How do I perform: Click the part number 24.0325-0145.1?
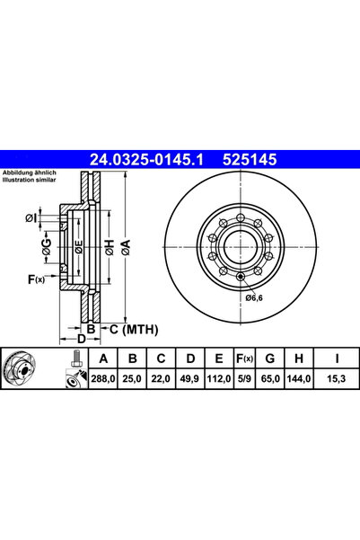tap(146, 159)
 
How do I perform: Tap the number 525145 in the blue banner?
tap(250, 159)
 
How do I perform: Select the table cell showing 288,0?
tap(103, 379)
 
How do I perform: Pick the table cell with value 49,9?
tap(189, 379)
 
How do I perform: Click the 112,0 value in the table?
tap(219, 379)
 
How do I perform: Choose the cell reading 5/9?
tap(244, 379)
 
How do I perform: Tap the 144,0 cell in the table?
tap(299, 379)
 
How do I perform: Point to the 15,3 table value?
tap(337, 379)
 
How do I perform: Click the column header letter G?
tap(270, 359)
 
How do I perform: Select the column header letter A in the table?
tap(103, 359)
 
